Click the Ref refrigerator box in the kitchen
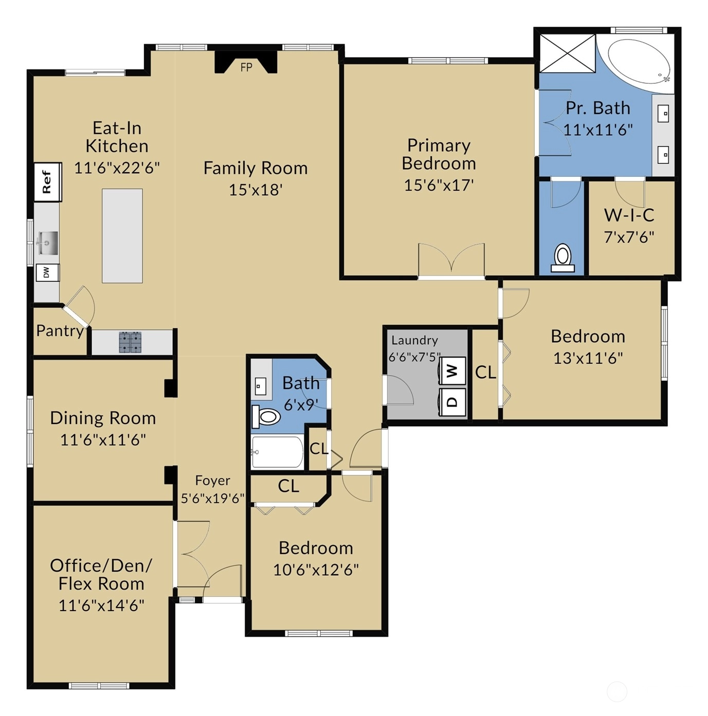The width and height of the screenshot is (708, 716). click(x=48, y=182)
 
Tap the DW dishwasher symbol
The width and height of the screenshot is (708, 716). click(x=47, y=273)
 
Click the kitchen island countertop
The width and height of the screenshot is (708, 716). click(x=122, y=236)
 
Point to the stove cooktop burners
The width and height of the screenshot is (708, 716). click(x=130, y=342)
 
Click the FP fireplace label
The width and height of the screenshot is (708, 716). click(x=246, y=67)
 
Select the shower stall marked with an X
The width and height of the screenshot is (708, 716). click(x=568, y=53)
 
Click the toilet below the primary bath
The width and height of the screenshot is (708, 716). click(x=562, y=258)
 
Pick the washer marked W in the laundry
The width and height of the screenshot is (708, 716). click(x=452, y=371)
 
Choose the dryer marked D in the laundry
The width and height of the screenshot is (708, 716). click(x=452, y=402)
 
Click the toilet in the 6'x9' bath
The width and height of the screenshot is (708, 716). click(x=266, y=416)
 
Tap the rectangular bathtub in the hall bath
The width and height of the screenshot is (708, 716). click(x=278, y=451)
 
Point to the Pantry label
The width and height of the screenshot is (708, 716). click(x=60, y=331)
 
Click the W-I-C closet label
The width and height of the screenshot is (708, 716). click(x=629, y=215)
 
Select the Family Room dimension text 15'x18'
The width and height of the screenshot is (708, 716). click(x=256, y=190)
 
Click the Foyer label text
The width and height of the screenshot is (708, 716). click(x=213, y=481)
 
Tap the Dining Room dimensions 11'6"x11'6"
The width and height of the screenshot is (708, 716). click(x=103, y=440)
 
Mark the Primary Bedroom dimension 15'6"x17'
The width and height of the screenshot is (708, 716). click(x=439, y=185)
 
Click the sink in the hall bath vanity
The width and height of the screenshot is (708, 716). click(x=260, y=387)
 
